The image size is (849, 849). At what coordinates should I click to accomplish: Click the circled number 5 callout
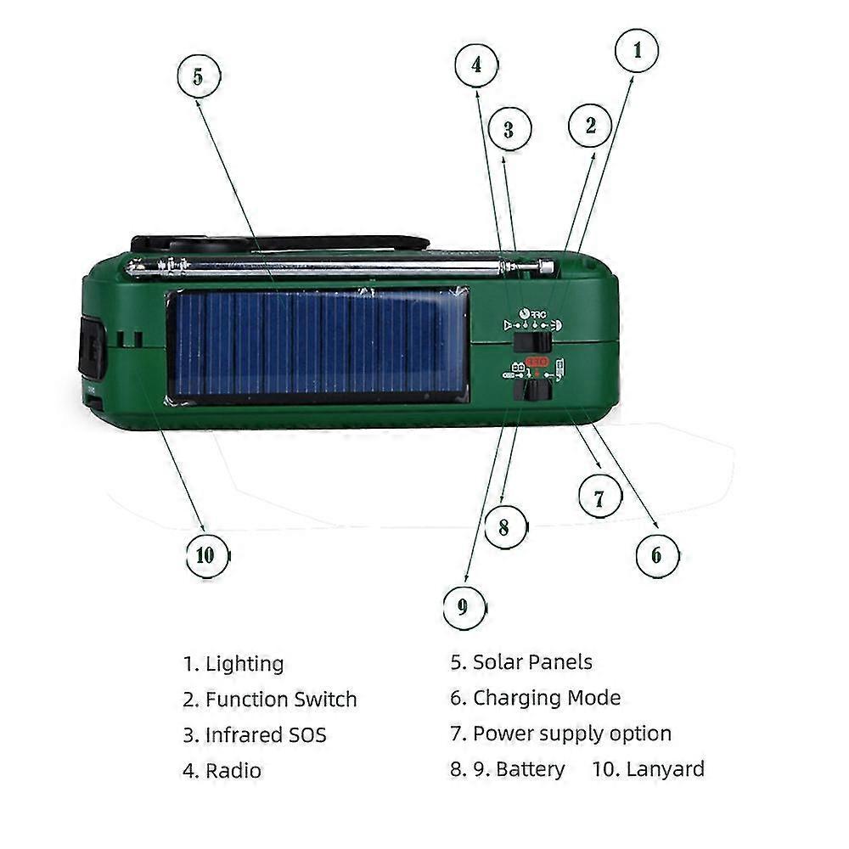(x=198, y=76)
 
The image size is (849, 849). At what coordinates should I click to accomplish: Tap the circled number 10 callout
(x=206, y=556)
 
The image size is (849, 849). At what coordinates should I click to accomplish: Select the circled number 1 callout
(x=636, y=51)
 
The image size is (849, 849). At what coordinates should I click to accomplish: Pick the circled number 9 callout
(x=464, y=607)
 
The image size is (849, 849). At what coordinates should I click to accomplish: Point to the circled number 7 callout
(x=600, y=497)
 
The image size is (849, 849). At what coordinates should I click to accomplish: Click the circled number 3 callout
(x=509, y=130)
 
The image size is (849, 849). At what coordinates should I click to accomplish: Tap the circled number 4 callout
(x=477, y=65)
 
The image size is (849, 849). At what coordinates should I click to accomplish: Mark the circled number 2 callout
(x=591, y=126)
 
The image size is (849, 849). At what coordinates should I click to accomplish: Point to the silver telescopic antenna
(x=340, y=268)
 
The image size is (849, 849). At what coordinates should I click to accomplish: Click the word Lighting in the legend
(x=245, y=664)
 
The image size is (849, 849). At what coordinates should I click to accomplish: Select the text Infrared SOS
(x=265, y=734)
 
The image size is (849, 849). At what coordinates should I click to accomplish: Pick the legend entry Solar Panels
(x=532, y=662)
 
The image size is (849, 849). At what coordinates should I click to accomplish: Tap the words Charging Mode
(x=546, y=698)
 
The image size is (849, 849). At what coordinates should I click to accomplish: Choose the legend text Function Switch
(x=280, y=700)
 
